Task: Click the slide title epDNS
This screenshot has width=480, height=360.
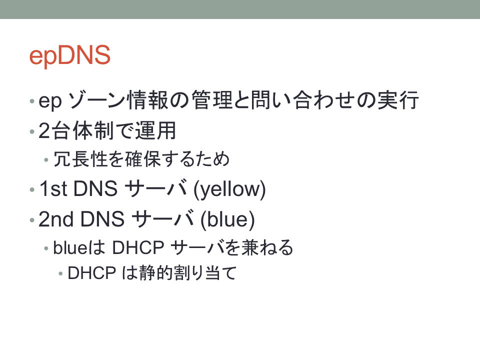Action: [70, 56]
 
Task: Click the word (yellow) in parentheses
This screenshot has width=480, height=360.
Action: [229, 189]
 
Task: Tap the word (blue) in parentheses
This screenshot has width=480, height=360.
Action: [227, 219]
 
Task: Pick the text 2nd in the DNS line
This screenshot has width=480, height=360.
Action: [56, 219]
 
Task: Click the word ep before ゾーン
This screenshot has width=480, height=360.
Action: [50, 101]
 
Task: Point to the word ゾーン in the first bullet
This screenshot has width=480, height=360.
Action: [96, 100]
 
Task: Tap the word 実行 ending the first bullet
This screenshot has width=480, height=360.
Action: [398, 100]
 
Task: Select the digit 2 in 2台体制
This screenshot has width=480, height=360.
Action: [44, 130]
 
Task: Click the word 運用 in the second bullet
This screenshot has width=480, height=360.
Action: [156, 130]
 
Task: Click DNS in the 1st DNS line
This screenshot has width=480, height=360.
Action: [95, 188]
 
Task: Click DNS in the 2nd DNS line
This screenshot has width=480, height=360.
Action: [102, 219]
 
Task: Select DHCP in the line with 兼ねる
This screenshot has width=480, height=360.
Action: [138, 247]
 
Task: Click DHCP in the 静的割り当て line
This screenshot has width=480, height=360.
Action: [92, 273]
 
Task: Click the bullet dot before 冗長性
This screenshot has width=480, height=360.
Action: [46, 160]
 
